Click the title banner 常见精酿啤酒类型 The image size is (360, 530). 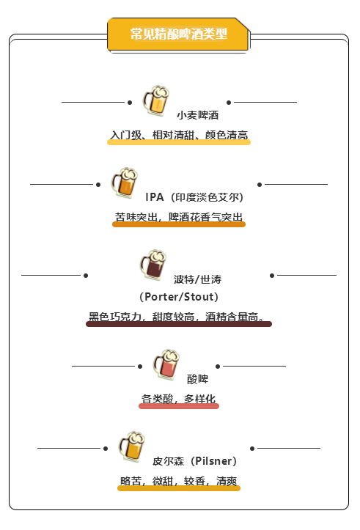coord(178,34)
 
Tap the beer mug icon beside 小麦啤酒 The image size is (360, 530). coord(156,100)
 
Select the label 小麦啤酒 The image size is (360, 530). coord(198,115)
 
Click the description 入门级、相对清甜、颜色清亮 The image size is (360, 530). coord(179,135)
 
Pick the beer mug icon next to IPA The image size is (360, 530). coord(125,183)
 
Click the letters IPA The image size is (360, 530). coord(155,197)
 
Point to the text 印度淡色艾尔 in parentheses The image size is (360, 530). coord(207,197)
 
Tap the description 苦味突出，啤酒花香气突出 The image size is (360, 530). coord(179,217)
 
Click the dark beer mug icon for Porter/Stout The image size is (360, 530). coord(153,265)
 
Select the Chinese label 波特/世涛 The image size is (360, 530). coord(198,279)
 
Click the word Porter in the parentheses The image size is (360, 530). coord(162,297)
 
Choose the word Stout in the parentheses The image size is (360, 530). coord(199,297)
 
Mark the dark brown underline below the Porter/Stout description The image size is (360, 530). coord(179,324)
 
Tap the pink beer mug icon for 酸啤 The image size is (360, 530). coord(166,364)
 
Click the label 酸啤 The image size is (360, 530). coord(198,379)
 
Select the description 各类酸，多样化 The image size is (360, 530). coord(178,399)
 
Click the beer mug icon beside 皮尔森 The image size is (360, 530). coord(132,446)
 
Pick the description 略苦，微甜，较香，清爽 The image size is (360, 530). coord(179,481)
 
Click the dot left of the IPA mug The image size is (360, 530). coord(98,185)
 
